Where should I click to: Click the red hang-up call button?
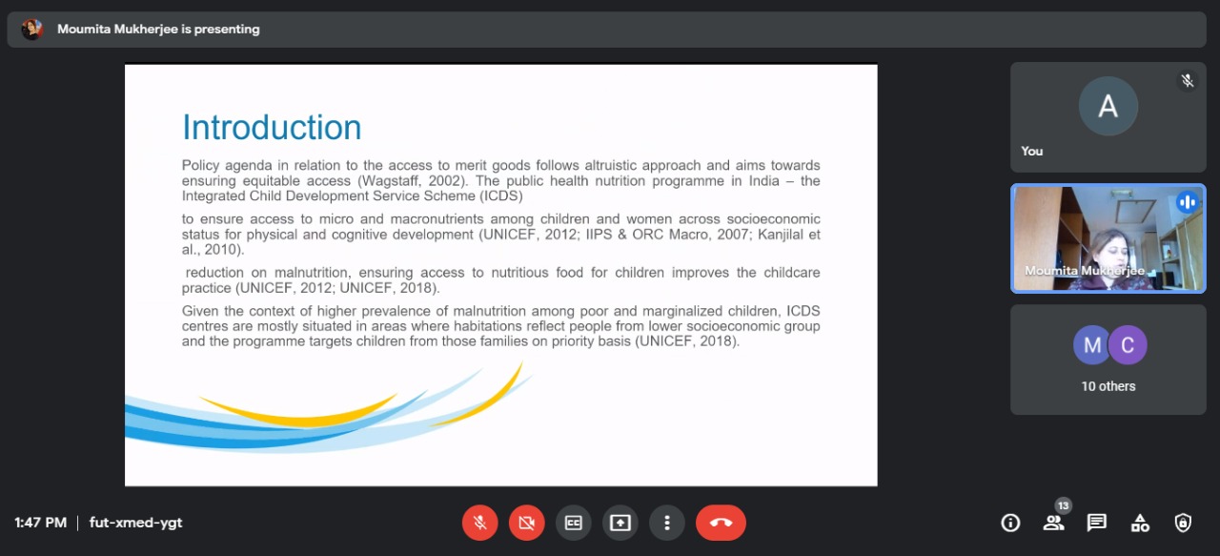pyautogui.click(x=721, y=523)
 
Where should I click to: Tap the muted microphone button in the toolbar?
pyautogui.click(x=479, y=523)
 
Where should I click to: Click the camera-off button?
pyautogui.click(x=527, y=523)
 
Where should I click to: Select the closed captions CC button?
pyautogui.click(x=574, y=523)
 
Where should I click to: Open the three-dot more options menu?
pyautogui.click(x=667, y=523)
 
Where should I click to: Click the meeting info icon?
pyautogui.click(x=1010, y=523)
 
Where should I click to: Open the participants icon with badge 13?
pyautogui.click(x=1054, y=523)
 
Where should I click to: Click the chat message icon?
pyautogui.click(x=1096, y=523)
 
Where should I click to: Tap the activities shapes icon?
pyautogui.click(x=1140, y=523)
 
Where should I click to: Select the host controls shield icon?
pyautogui.click(x=1183, y=523)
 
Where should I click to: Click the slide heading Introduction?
pyautogui.click(x=272, y=128)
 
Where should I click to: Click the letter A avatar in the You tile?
pyautogui.click(x=1108, y=106)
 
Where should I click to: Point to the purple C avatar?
pyautogui.click(x=1128, y=345)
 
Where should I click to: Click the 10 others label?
pyautogui.click(x=1108, y=386)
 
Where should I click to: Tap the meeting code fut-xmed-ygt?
pyautogui.click(x=135, y=523)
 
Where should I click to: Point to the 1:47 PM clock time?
pyautogui.click(x=40, y=523)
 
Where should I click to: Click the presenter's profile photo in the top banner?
pyautogui.click(x=32, y=29)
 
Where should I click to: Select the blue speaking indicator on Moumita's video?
pyautogui.click(x=1188, y=202)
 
